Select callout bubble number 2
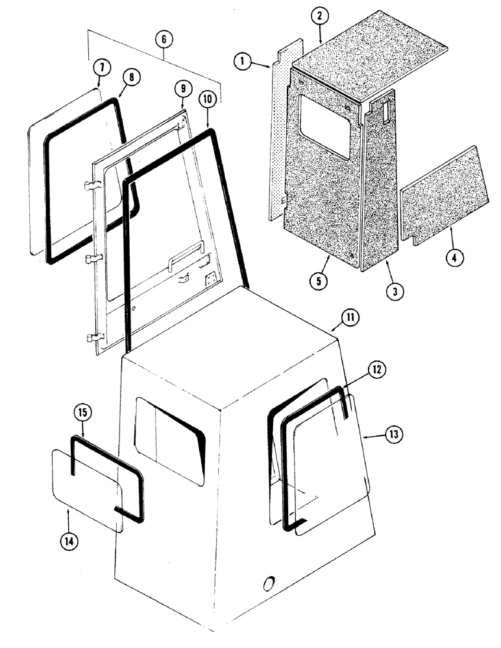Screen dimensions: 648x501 (319, 18)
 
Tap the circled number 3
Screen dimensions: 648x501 (393, 291)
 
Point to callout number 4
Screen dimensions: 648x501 (454, 257)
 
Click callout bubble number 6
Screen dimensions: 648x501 (164, 40)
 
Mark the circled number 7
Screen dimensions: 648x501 (101, 67)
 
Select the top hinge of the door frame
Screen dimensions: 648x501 (91, 187)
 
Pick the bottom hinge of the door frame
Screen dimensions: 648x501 (92, 338)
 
